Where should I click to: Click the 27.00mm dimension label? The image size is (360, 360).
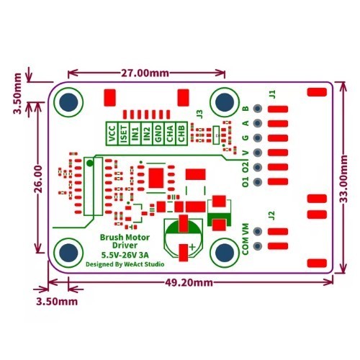click(x=145, y=73)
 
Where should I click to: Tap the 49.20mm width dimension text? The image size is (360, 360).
click(x=189, y=283)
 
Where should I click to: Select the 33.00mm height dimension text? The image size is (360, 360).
click(x=344, y=179)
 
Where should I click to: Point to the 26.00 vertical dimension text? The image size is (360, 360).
click(x=38, y=179)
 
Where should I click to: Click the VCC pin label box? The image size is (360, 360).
click(x=112, y=134)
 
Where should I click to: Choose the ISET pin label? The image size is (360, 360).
click(x=124, y=134)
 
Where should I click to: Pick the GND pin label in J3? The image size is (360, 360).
click(x=158, y=134)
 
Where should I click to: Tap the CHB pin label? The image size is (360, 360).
click(x=181, y=134)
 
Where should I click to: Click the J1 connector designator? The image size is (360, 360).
click(x=272, y=94)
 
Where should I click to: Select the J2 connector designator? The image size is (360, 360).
click(x=272, y=215)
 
